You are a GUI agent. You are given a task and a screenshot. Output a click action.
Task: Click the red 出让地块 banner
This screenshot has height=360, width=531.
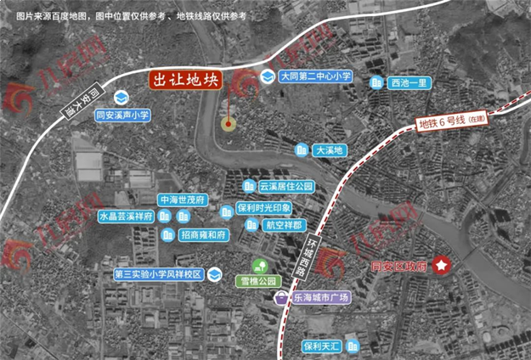point(185,81)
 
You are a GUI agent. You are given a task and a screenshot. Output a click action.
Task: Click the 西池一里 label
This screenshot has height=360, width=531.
point(412,83)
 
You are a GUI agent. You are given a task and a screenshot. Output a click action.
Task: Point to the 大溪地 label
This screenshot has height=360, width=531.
point(328,150)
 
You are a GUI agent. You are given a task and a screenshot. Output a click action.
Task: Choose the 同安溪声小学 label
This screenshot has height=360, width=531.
point(122,113)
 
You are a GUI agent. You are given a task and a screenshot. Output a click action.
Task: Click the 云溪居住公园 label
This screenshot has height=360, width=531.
point(286,186)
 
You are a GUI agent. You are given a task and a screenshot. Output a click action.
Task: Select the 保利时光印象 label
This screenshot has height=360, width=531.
point(264,208)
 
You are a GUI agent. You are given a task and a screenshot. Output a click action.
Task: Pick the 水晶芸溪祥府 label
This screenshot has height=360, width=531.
point(124,217)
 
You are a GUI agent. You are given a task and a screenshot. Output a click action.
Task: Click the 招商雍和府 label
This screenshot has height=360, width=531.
point(204,234)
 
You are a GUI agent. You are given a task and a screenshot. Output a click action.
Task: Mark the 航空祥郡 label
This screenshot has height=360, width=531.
point(283,225)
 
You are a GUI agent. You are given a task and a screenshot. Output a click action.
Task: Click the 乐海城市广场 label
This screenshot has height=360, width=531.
point(321,298)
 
